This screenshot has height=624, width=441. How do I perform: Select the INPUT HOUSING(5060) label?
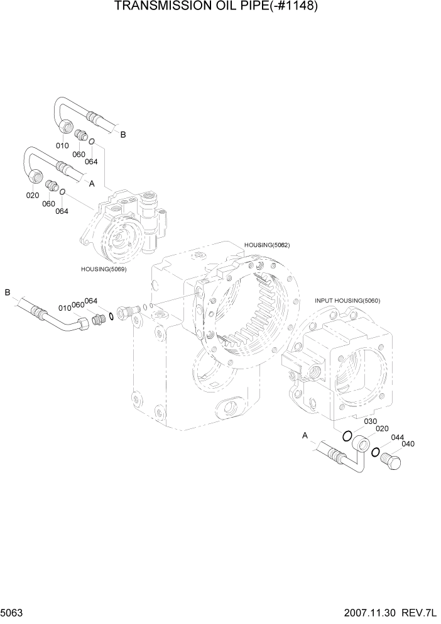[x=347, y=301]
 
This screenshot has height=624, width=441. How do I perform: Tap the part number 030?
[x=371, y=421]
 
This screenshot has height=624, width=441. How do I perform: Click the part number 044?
[x=397, y=438]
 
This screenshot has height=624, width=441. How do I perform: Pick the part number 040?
[x=408, y=445]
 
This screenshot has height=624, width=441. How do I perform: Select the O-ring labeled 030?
[x=347, y=435]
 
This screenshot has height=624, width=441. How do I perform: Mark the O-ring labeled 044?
[x=376, y=452]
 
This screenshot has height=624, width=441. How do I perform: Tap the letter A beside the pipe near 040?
[x=305, y=435]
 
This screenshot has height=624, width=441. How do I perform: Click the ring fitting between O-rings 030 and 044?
[x=361, y=445]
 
